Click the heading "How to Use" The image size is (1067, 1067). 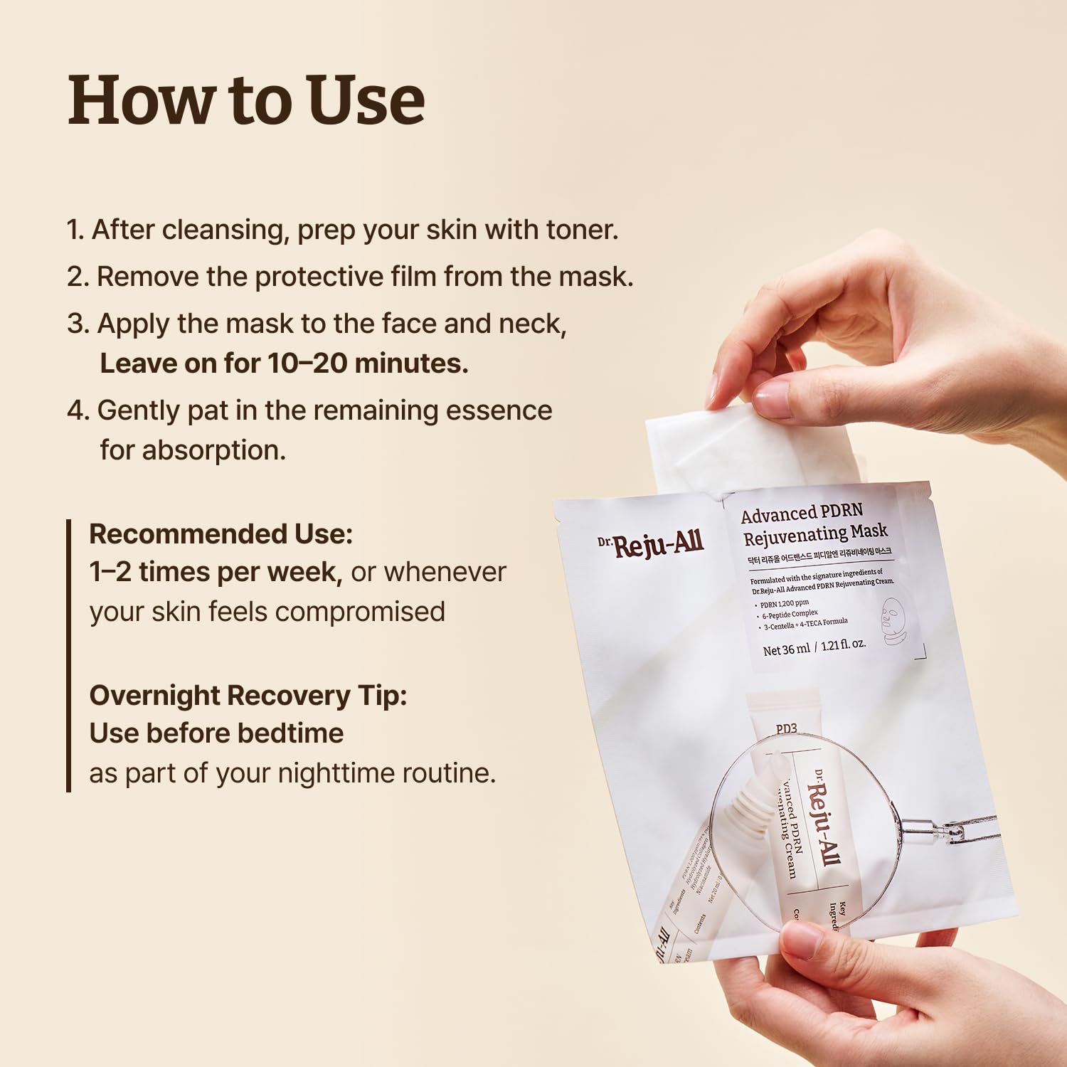(246, 100)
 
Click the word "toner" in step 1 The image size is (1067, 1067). (580, 230)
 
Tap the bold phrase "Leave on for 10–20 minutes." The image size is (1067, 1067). (284, 363)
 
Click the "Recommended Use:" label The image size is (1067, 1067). (221, 533)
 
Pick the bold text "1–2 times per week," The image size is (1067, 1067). (216, 572)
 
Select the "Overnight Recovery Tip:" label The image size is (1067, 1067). (248, 695)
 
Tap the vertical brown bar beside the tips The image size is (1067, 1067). (69, 654)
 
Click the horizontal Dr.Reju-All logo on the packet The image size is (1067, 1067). (651, 546)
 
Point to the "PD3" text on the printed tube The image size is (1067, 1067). (786, 728)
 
